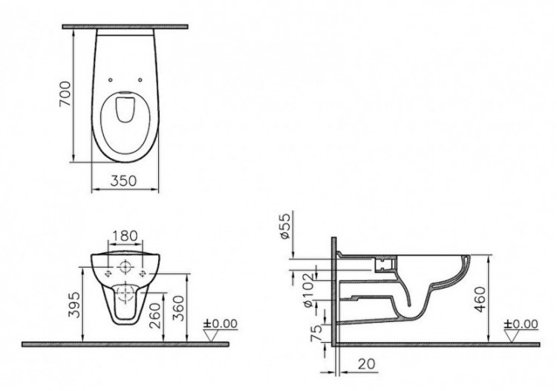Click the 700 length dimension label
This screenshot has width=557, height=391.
pos(65,94)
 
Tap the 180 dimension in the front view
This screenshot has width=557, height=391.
pos(124,237)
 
